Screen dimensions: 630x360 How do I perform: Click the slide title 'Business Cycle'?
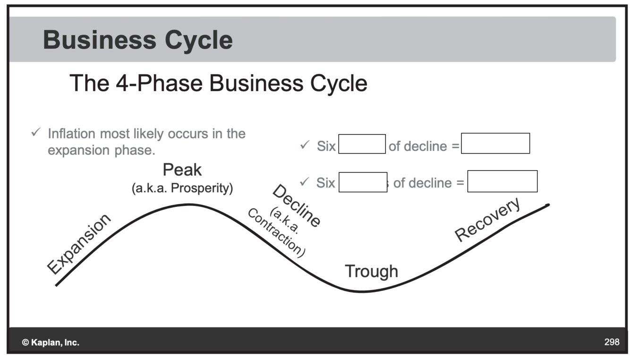tap(137, 40)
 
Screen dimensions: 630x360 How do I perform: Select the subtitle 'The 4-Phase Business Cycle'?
tap(218, 84)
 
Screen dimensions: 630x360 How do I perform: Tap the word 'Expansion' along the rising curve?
tap(80, 244)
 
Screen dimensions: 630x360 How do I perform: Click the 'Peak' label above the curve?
tap(182, 170)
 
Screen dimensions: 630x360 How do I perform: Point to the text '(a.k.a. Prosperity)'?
tap(182, 188)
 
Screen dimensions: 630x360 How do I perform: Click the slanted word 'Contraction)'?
tap(276, 233)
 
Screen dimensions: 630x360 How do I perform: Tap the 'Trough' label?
tap(371, 271)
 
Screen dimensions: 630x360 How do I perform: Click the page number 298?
tap(612, 342)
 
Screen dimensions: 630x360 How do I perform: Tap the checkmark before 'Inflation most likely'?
tap(35, 133)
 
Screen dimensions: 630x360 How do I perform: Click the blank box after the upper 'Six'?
tap(362, 144)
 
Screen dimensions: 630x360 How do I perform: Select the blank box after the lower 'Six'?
tap(363, 182)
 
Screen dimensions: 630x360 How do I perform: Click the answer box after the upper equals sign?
tap(495, 143)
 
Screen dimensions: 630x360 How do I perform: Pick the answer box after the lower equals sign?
tap(502, 181)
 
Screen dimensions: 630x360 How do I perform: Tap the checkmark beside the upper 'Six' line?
tap(304, 145)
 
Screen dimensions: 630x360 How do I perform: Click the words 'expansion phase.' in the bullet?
tap(102, 150)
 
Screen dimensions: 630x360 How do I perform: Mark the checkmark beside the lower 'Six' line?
tap(304, 181)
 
